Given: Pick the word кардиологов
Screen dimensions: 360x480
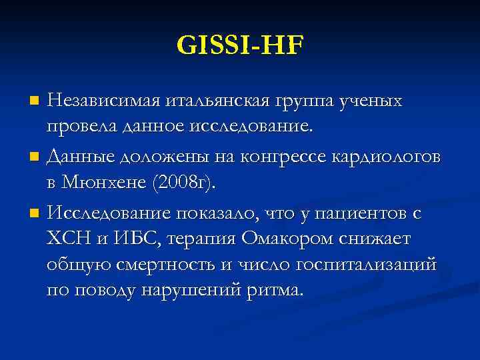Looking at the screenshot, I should [x=390, y=157].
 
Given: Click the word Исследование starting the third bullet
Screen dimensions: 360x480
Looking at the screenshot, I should [x=109, y=213].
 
